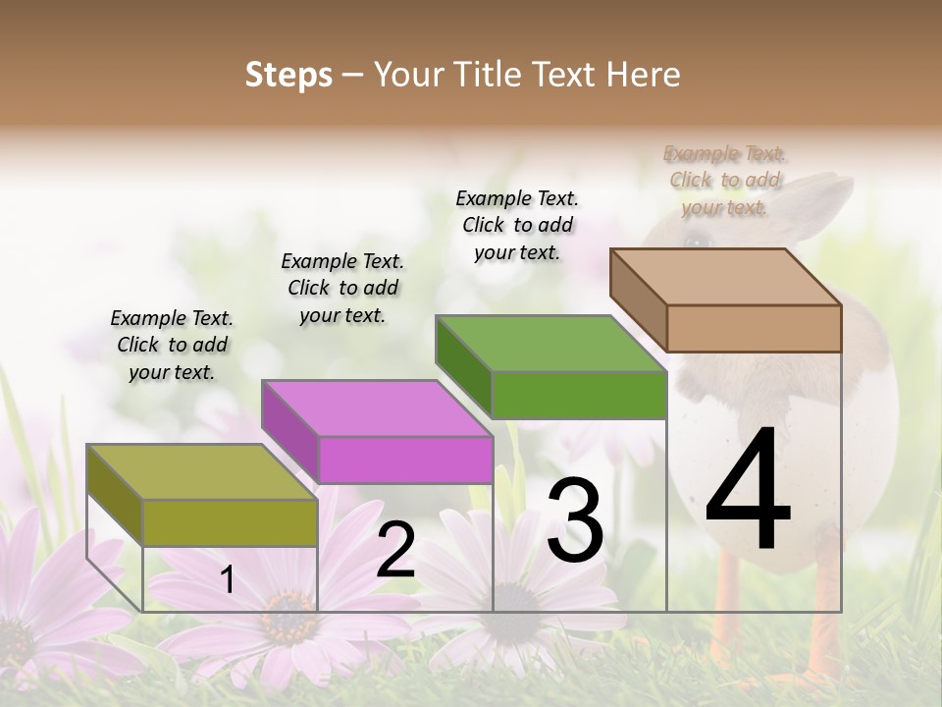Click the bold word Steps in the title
click(x=288, y=75)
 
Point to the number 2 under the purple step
click(x=395, y=550)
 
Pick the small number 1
click(x=228, y=580)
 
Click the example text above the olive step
click(x=172, y=345)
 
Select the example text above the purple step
click(x=342, y=288)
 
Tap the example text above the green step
click(x=517, y=225)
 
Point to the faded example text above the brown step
click(x=725, y=180)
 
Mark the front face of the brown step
click(x=754, y=328)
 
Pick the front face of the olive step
click(x=230, y=522)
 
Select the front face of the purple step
click(x=404, y=460)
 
